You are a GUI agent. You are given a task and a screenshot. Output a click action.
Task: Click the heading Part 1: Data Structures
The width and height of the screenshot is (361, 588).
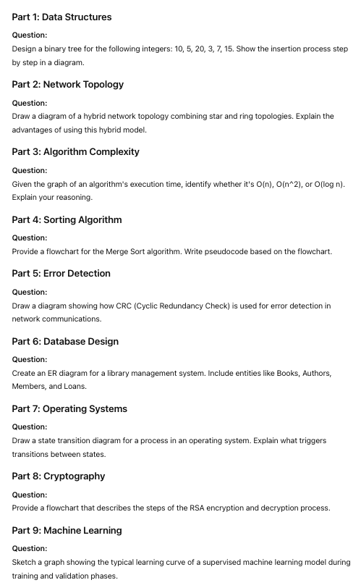(61, 17)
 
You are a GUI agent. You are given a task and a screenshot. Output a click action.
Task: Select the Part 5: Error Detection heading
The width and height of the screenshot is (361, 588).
(61, 273)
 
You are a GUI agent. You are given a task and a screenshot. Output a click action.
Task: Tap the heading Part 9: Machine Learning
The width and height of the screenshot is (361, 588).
(67, 530)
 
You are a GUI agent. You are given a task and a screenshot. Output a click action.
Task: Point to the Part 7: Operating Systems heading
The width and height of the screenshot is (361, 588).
(69, 408)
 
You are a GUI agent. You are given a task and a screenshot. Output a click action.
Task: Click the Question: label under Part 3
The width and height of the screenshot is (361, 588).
(30, 170)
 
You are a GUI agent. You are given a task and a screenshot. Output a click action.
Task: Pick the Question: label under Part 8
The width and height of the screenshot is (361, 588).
(30, 495)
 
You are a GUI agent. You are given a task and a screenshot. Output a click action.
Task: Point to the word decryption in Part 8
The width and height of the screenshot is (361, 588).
(279, 508)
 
